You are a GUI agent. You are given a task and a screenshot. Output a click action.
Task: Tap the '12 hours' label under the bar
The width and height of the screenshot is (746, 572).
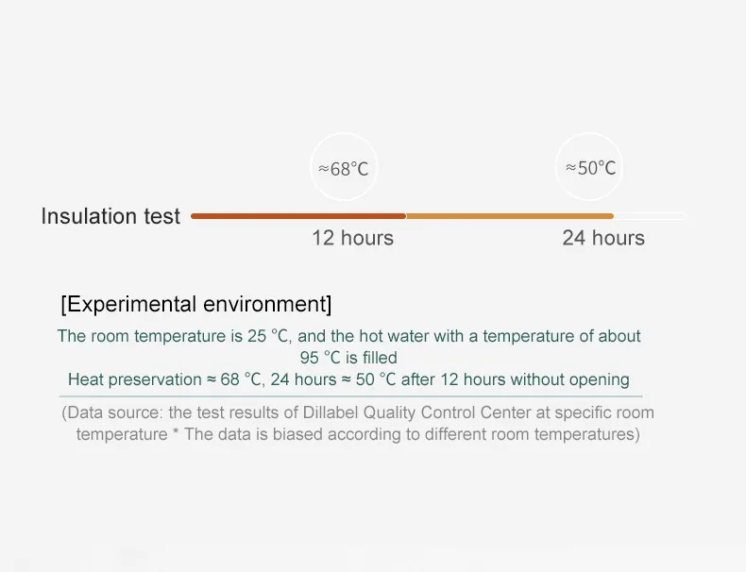click(x=352, y=238)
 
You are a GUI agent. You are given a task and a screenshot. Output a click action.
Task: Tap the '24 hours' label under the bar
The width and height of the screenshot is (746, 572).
click(x=603, y=238)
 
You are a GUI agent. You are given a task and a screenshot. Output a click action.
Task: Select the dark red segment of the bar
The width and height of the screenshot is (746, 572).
click(x=298, y=216)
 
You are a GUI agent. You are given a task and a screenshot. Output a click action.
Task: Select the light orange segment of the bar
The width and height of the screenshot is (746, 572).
click(x=510, y=216)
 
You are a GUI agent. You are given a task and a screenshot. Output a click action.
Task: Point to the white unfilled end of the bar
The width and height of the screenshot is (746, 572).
click(x=650, y=216)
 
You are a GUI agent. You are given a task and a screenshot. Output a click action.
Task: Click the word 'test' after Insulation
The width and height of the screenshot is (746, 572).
click(x=162, y=216)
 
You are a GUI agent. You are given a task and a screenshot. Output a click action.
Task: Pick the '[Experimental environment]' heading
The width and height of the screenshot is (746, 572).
click(x=196, y=304)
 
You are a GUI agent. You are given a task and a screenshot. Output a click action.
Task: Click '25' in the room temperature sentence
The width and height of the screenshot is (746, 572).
click(x=257, y=336)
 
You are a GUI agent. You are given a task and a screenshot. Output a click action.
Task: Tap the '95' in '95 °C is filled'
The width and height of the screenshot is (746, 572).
click(x=309, y=358)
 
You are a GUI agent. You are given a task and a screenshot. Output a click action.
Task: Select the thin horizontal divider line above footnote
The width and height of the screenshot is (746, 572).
click(x=351, y=396)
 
